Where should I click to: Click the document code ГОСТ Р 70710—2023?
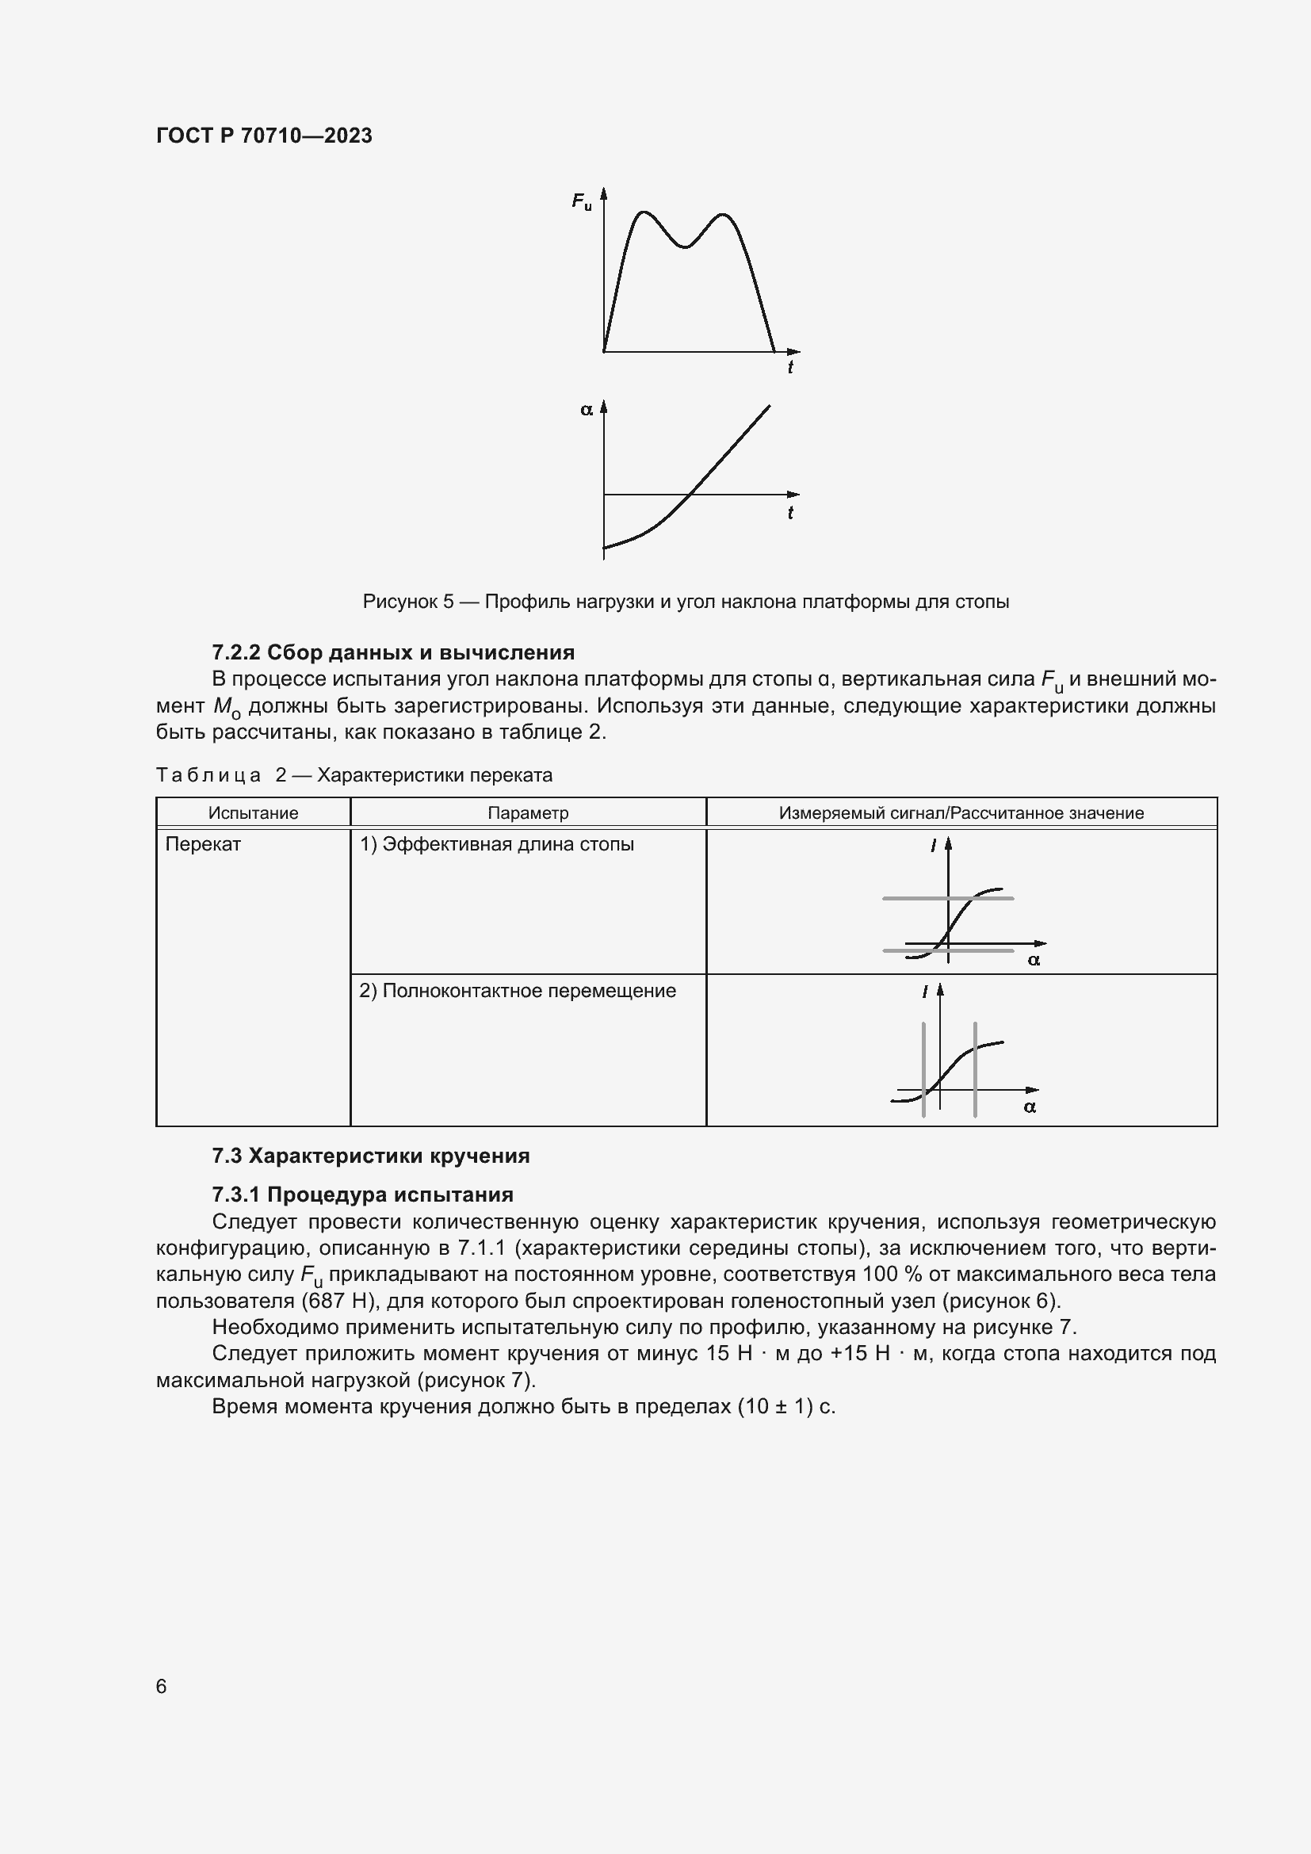264,136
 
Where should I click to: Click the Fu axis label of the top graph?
581,201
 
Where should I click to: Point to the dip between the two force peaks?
685,247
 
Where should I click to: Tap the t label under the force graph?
789,369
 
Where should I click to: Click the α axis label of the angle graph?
586,411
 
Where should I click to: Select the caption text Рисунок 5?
407,602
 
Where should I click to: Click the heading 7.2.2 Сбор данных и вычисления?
393,652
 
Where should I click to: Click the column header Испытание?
253,813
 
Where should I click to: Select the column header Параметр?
528,813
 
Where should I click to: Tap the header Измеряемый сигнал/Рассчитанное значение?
961,813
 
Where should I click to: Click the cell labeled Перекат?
204,845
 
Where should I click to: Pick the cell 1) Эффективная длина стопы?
496,845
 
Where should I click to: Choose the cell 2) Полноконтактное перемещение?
518,991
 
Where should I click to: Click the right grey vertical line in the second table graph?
975,1070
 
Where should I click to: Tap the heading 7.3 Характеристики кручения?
370,1156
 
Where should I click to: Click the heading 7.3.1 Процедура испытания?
362,1195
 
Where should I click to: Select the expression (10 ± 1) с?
785,1407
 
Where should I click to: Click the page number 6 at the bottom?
162,1687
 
